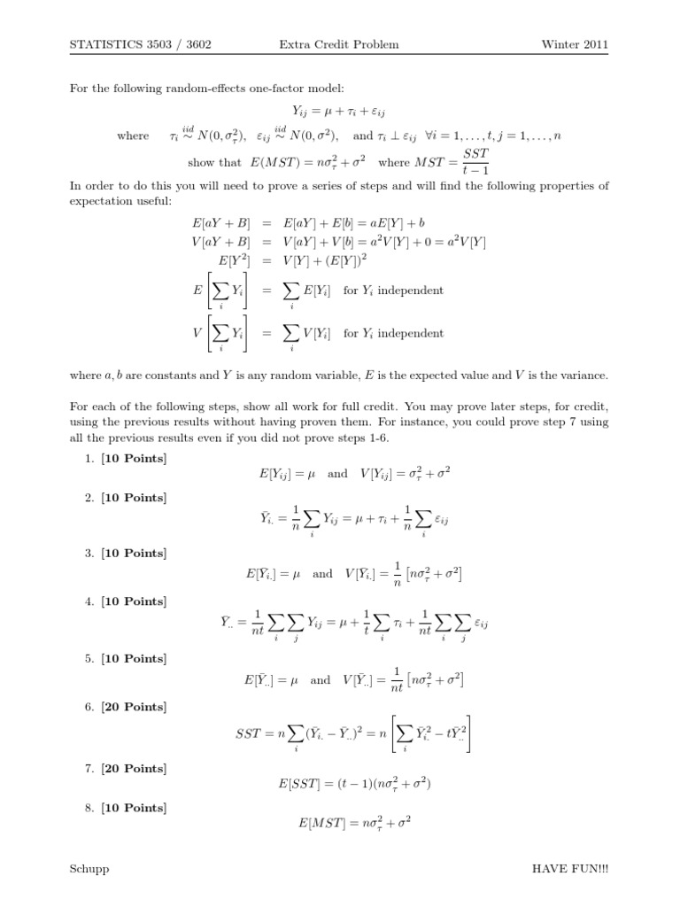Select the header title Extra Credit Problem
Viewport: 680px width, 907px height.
(x=352, y=44)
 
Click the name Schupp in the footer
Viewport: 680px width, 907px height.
(x=89, y=869)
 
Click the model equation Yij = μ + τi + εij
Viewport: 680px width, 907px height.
(x=339, y=112)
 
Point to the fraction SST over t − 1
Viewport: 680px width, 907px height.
(x=475, y=161)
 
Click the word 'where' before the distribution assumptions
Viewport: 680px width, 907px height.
(x=133, y=136)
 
